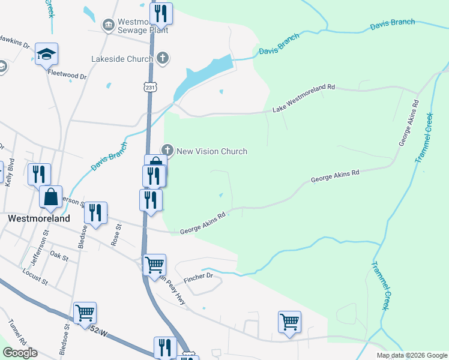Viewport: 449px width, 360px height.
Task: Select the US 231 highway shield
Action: pos(149,88)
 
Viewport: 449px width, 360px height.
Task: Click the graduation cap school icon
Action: pos(46,55)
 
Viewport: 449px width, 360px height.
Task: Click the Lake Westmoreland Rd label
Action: pos(303,98)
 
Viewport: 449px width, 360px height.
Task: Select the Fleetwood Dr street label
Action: pos(67,77)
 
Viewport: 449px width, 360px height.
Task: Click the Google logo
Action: pos(20,353)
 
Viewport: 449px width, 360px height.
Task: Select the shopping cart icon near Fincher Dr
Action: pos(155,264)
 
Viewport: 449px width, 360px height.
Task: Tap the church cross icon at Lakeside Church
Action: pos(161,58)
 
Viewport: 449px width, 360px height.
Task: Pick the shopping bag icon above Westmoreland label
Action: pos(50,197)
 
